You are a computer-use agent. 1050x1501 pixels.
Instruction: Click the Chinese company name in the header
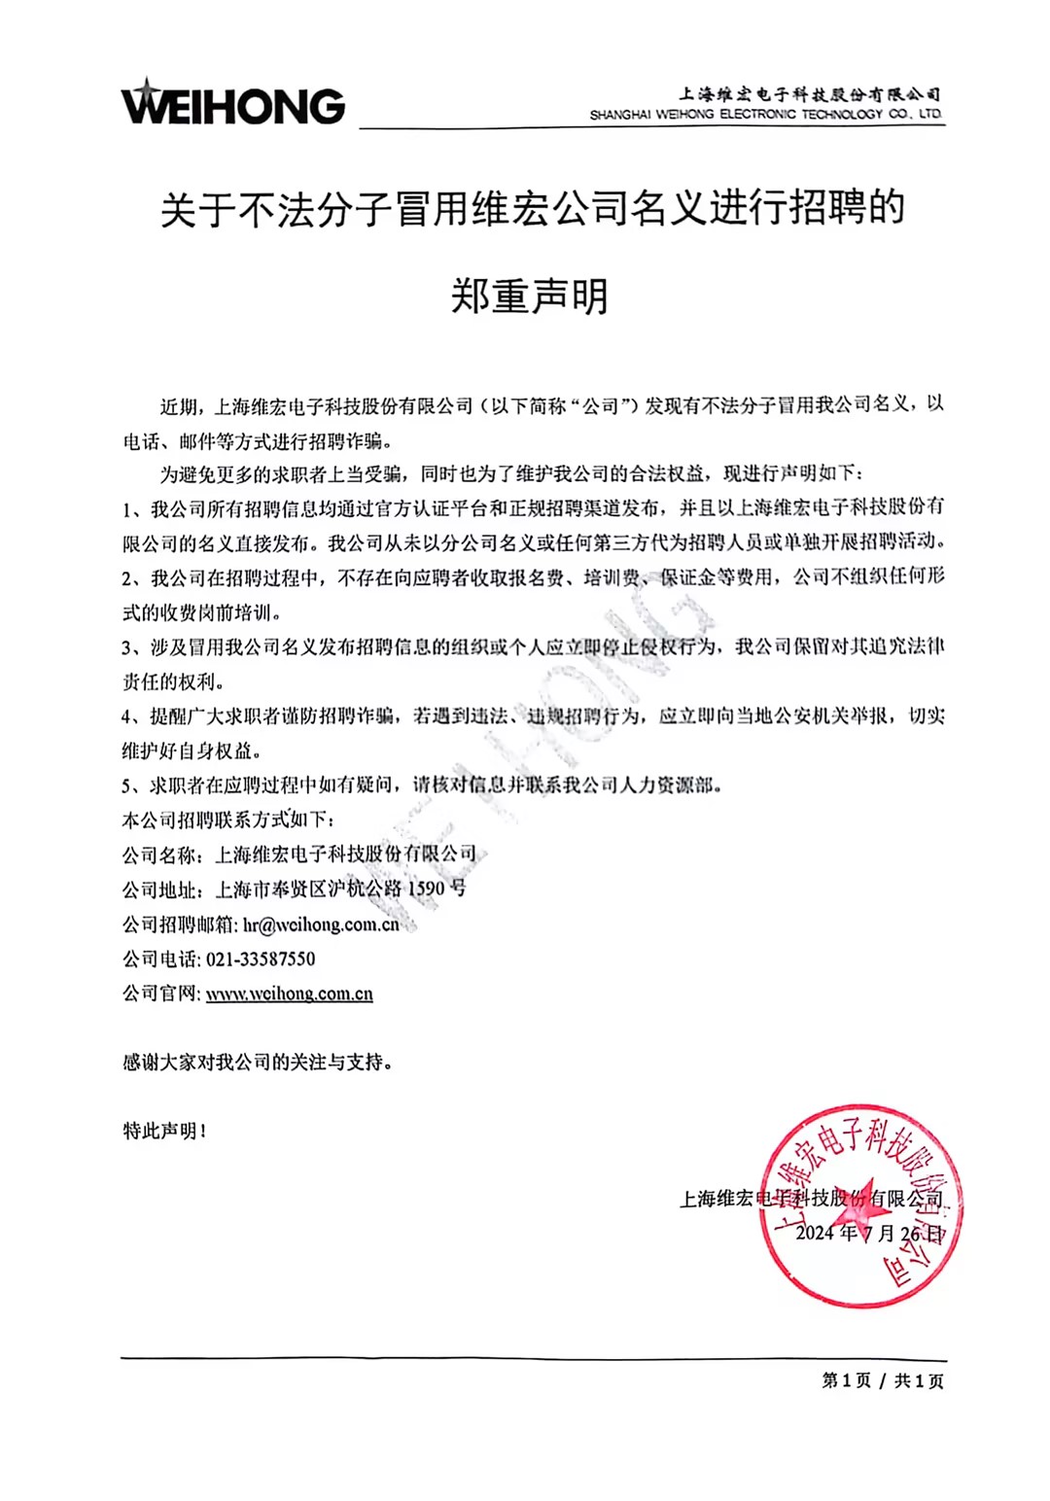(809, 94)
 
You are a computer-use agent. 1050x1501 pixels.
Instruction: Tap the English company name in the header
(765, 115)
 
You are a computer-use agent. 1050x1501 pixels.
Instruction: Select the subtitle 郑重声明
(530, 296)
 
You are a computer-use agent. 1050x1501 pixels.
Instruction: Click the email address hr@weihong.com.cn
(321, 925)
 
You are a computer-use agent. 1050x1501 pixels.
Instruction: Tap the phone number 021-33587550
(261, 959)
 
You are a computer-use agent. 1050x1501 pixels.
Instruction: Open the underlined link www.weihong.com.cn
(290, 994)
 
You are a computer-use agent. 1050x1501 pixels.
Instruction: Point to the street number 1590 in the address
(425, 890)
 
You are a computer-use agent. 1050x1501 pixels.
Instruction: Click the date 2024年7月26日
(869, 1234)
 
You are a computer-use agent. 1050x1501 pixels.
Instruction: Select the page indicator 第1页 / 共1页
(883, 1380)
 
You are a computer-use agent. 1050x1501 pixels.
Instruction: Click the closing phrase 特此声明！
(164, 1131)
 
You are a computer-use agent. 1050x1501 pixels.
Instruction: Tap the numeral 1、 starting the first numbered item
(132, 508)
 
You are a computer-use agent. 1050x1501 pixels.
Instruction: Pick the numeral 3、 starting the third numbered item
(132, 647)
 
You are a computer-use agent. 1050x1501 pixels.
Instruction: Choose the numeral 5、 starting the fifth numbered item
(132, 785)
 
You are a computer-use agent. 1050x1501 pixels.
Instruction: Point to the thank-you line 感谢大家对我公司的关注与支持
(258, 1063)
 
